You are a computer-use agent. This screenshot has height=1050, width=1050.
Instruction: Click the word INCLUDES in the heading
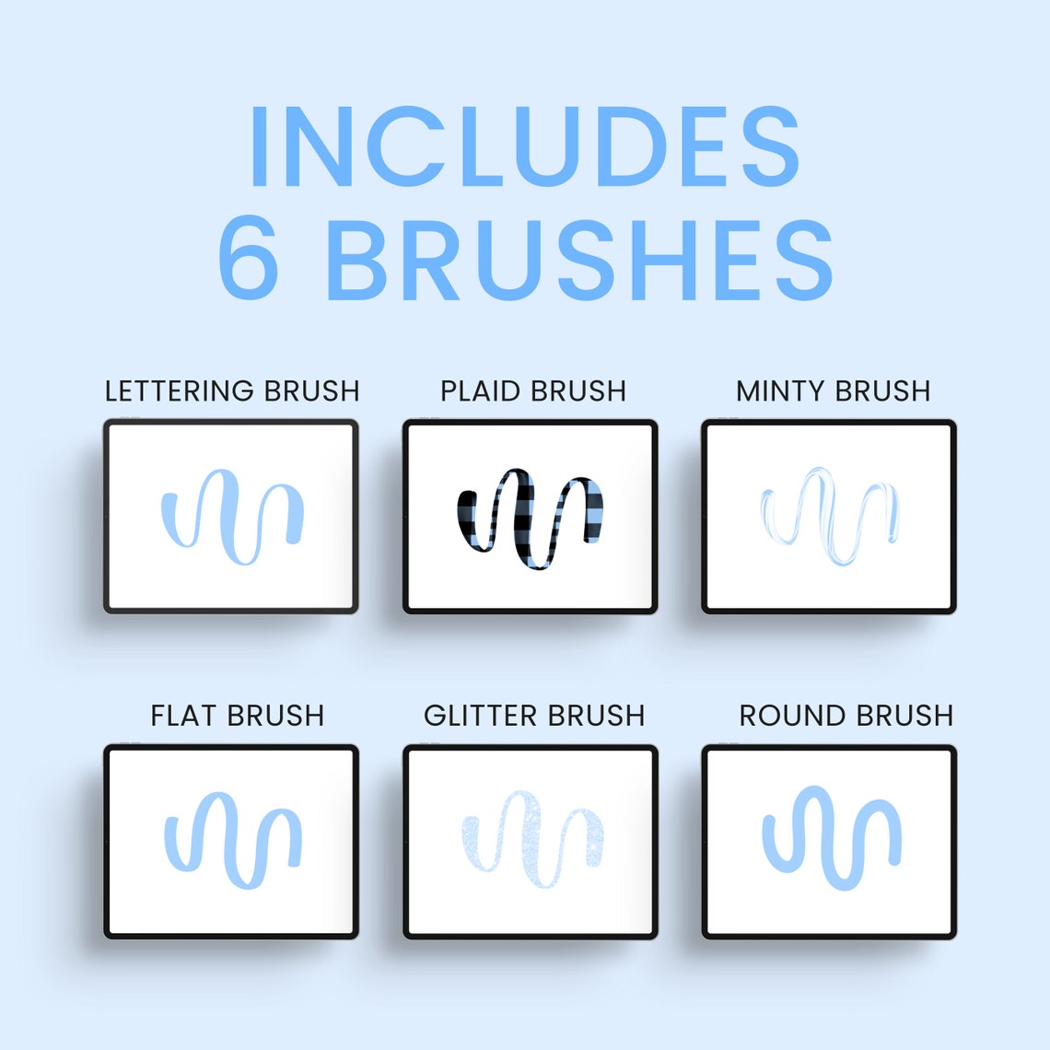point(524,147)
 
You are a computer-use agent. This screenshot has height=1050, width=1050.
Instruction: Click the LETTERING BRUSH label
point(232,391)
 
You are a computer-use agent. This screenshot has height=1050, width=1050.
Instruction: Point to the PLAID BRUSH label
point(533,391)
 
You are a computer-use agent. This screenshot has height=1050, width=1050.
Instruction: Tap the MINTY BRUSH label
point(833,391)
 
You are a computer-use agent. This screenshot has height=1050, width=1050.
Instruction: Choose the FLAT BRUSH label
point(238,716)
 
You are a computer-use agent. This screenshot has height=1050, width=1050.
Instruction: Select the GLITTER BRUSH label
point(534,716)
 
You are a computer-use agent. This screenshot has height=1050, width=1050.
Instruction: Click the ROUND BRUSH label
point(846,716)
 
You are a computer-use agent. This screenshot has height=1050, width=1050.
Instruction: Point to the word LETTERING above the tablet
point(180,391)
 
